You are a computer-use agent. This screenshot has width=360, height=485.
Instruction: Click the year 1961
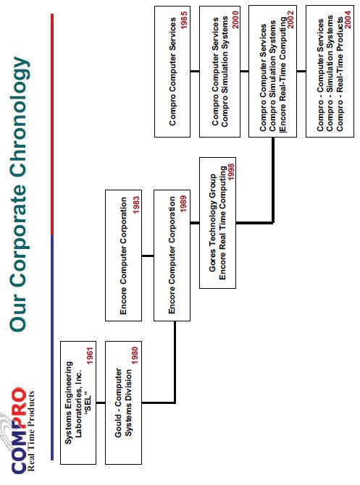(90, 355)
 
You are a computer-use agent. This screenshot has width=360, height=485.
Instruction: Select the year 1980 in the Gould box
(135, 355)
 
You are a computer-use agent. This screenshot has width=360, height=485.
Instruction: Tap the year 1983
(136, 205)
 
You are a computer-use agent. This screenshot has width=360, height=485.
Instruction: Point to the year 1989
(183, 204)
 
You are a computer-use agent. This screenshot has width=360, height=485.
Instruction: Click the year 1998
(231, 172)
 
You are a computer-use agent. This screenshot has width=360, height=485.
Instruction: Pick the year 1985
(184, 20)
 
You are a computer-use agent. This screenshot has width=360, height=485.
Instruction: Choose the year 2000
(235, 20)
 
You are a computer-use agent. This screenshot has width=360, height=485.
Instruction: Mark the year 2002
(290, 20)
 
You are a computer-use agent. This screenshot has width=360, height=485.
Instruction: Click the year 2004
(348, 20)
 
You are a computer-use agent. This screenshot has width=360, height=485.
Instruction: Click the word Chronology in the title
(19, 117)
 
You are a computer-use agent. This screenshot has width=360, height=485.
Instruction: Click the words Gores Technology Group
(213, 223)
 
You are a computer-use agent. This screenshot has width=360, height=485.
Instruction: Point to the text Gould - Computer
(118, 402)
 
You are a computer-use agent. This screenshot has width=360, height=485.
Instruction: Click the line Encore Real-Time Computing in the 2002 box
(282, 75)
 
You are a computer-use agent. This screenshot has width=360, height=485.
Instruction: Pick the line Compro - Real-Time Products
(340, 75)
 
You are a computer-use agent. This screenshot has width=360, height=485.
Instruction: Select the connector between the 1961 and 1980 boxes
(101, 402)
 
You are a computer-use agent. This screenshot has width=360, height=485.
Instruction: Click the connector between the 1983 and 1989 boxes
(148, 256)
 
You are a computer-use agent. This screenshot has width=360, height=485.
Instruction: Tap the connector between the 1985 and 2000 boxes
(195, 71)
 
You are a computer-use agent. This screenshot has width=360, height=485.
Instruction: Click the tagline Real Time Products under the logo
(31, 431)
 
